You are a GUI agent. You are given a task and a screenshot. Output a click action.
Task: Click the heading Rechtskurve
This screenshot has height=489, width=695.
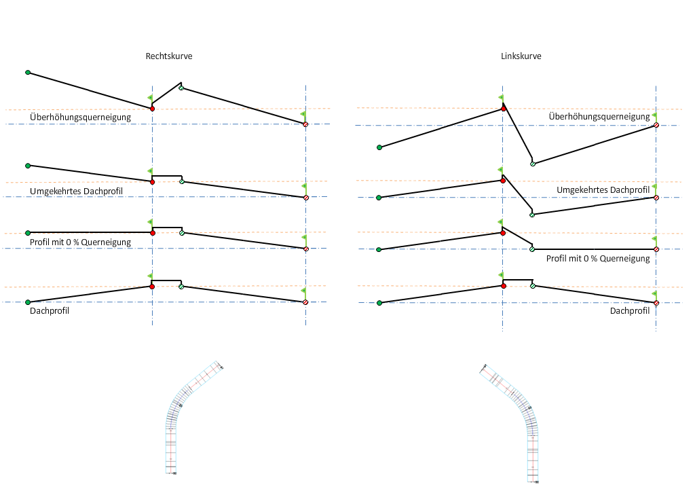coord(169,56)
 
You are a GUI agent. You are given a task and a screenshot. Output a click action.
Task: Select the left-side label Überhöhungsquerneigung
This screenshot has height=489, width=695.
coord(80,117)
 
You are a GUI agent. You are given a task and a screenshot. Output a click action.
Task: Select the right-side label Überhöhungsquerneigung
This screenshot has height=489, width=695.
coord(599,117)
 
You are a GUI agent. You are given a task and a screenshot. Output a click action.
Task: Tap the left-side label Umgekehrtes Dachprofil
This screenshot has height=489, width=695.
coord(76,192)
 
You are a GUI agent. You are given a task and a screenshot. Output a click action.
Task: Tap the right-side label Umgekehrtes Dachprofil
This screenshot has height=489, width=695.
coord(603,189)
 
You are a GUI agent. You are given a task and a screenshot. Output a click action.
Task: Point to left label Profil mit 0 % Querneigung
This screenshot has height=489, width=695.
coord(80,242)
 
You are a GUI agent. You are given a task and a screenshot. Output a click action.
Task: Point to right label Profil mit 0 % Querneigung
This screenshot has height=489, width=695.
coord(598,258)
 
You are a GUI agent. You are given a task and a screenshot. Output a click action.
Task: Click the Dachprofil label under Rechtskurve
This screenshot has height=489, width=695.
coord(50,311)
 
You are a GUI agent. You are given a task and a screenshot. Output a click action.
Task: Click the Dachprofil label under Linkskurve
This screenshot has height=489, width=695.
coord(630,311)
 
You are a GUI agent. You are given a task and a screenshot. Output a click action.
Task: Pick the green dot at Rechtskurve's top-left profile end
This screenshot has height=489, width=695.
coord(28,72)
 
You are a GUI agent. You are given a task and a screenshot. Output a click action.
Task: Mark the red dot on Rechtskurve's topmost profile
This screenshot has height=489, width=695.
coord(152,109)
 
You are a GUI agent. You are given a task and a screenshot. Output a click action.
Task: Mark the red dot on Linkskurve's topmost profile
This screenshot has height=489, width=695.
coord(503,109)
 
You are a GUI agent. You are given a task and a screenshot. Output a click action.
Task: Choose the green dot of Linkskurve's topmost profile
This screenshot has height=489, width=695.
coord(379,147)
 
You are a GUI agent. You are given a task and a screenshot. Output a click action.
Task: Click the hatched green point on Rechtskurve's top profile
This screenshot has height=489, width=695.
coord(181,88)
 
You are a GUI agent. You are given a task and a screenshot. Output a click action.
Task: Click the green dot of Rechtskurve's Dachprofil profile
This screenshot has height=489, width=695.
coord(28,302)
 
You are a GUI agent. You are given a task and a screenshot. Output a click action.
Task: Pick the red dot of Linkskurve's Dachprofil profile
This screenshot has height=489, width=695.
coord(503,286)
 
